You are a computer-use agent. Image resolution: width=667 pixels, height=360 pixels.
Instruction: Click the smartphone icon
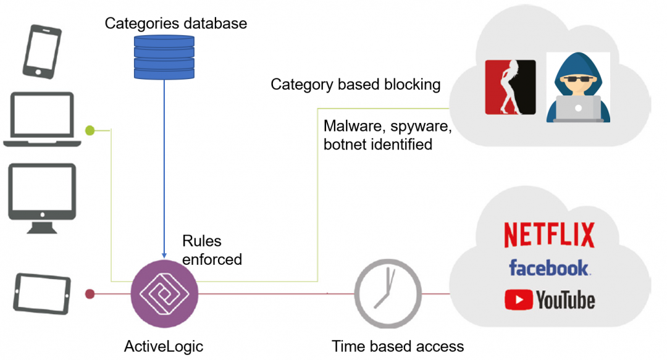click(42, 51)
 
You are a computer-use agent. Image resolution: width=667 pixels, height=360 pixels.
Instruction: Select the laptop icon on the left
click(42, 120)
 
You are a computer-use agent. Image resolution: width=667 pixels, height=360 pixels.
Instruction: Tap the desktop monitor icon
click(42, 198)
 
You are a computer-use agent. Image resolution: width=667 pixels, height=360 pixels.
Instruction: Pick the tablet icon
click(42, 293)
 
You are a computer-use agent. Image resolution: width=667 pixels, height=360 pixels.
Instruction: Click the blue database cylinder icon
click(164, 57)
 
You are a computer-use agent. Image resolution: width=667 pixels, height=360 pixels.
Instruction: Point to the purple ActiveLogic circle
click(164, 293)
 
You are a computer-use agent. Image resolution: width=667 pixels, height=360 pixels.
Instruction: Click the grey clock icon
click(388, 293)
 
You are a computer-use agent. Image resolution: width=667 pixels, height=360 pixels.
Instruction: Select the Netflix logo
click(549, 235)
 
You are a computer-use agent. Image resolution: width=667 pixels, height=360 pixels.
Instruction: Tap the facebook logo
click(549, 268)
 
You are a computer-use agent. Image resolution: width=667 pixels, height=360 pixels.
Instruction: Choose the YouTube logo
click(550, 300)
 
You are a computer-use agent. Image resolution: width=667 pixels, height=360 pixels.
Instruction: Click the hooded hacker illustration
click(578, 87)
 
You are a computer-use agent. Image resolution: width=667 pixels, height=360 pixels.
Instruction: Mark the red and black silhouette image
click(511, 87)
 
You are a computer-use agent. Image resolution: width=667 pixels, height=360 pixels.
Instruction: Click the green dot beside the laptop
click(90, 130)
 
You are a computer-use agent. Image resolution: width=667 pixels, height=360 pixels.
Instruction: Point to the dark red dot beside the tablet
click(90, 293)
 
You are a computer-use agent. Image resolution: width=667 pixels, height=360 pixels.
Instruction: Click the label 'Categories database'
click(175, 23)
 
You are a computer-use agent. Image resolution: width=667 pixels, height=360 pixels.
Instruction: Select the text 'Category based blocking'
click(356, 84)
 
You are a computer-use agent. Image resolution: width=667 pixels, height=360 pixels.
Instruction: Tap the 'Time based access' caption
click(398, 346)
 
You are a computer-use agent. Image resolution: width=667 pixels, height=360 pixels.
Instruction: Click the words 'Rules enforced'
click(212, 250)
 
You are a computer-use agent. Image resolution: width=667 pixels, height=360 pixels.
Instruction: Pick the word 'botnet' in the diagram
click(345, 144)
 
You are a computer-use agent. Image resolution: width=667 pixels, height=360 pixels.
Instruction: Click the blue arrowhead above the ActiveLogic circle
click(164, 255)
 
